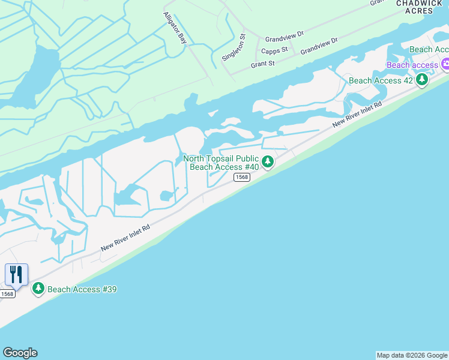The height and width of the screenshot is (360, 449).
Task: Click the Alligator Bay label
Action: (175, 28)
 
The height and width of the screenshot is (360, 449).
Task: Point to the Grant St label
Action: (262, 63)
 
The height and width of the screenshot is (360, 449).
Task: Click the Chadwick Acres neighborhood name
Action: (415, 7)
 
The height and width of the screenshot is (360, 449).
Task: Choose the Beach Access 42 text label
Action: (381, 80)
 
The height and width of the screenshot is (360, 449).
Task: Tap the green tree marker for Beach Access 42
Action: (422, 79)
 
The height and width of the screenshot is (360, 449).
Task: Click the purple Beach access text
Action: (412, 65)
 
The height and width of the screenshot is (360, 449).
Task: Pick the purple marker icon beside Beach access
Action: (445, 64)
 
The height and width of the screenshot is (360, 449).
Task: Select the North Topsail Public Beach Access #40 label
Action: (221, 163)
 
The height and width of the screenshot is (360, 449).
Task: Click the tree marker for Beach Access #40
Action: (268, 161)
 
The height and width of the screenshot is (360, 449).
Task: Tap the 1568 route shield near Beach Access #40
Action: (241, 177)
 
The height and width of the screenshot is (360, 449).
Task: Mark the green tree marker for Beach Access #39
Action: (38, 289)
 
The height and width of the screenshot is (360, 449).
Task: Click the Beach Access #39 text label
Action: (82, 289)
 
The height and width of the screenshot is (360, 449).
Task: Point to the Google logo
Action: (20, 353)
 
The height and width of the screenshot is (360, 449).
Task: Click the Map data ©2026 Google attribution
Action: (412, 355)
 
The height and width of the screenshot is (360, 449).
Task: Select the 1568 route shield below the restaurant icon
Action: (7, 293)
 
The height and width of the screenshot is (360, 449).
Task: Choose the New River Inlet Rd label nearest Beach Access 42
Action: (357, 114)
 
